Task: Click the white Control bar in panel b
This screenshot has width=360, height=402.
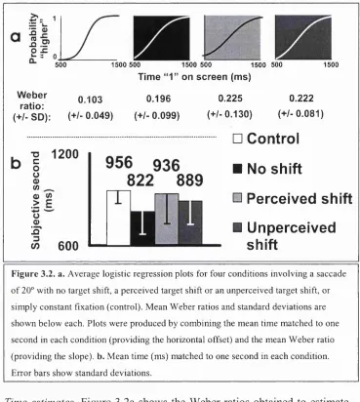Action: (x=119, y=218)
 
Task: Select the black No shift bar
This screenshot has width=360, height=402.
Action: (x=142, y=227)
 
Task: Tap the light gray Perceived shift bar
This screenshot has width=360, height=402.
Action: (x=167, y=219)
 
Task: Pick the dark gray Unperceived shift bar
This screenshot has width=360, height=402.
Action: (x=190, y=222)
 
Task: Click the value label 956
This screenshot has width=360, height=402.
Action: (x=119, y=163)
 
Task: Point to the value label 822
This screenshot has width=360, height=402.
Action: (x=140, y=181)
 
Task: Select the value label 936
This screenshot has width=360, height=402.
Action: (x=166, y=165)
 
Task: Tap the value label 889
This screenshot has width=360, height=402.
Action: (x=189, y=181)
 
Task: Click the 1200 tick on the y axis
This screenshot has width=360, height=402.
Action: (x=65, y=154)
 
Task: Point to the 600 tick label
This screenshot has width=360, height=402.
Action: (x=68, y=246)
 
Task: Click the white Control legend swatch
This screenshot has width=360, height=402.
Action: (x=238, y=139)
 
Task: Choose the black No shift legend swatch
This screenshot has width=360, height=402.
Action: (x=238, y=169)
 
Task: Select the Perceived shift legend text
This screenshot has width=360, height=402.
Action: (x=300, y=198)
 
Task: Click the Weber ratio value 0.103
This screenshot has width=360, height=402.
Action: (x=90, y=100)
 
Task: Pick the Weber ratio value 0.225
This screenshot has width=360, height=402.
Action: (x=230, y=99)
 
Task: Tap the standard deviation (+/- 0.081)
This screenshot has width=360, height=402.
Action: (x=300, y=114)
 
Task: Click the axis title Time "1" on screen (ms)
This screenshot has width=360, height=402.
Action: (x=194, y=77)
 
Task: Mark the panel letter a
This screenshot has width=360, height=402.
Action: (x=16, y=36)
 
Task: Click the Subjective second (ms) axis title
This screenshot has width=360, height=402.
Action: (x=40, y=200)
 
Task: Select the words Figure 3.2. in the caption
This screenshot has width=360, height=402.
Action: (x=34, y=274)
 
